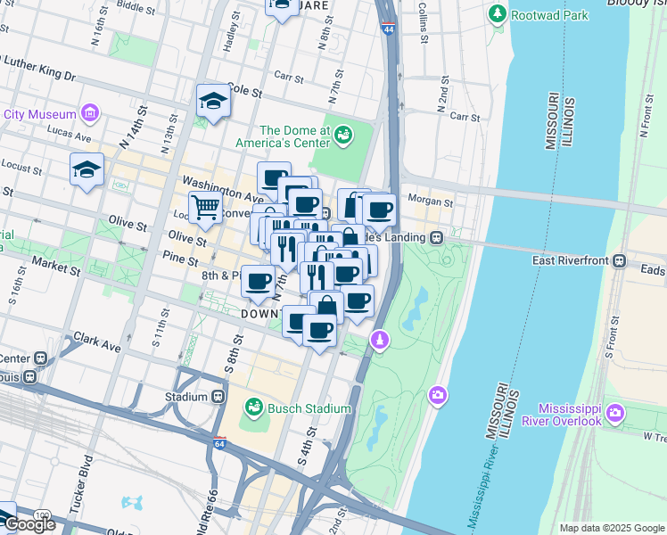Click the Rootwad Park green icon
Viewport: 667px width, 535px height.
(497, 14)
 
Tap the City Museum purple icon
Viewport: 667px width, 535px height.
(89, 113)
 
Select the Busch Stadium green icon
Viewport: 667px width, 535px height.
(254, 408)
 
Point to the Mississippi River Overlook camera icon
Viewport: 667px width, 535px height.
(615, 413)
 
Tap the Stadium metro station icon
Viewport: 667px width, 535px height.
(218, 396)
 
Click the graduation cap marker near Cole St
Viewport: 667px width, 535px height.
(214, 101)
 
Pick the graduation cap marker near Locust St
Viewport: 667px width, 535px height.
(87, 169)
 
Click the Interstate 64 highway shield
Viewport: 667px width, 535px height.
(219, 442)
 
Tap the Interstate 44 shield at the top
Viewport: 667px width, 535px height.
(389, 29)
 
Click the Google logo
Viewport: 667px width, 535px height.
(29, 524)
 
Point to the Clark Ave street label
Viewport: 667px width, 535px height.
(97, 342)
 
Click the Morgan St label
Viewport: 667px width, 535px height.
(430, 202)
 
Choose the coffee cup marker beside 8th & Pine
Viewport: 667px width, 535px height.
(259, 281)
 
